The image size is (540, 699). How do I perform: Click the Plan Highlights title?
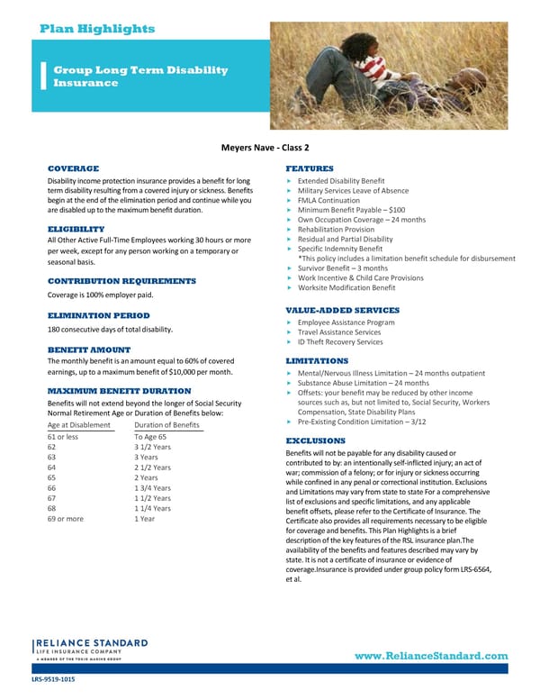(97, 29)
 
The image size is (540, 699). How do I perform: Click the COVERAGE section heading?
(73, 168)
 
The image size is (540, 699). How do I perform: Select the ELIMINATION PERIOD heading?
(98, 316)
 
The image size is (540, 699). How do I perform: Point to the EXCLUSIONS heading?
(316, 440)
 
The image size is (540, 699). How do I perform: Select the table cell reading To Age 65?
(150, 437)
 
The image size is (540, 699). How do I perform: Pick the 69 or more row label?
(65, 519)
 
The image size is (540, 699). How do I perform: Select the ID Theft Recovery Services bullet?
(339, 342)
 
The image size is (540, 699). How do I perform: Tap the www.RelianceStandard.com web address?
(431, 656)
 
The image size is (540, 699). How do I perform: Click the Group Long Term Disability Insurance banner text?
(140, 76)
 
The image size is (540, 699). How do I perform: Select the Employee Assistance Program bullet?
(346, 322)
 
